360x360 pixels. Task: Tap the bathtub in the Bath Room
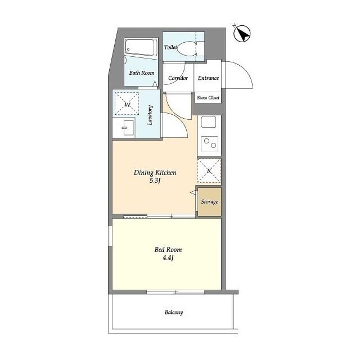click(141, 47)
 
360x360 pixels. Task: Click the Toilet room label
click(170, 47)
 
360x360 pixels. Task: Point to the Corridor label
click(178, 78)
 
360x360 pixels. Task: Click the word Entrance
click(208, 78)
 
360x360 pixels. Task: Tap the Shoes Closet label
click(208, 97)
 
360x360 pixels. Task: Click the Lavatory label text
click(150, 115)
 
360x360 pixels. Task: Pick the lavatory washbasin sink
click(128, 128)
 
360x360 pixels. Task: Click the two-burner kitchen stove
click(209, 143)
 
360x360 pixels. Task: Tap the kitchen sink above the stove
click(209, 122)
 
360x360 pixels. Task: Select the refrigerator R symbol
click(209, 171)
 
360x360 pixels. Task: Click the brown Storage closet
click(210, 202)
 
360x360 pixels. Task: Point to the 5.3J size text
click(155, 181)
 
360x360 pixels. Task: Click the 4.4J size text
click(168, 258)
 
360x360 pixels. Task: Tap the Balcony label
click(174, 312)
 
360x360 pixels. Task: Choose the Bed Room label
click(168, 250)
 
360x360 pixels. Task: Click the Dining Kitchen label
click(155, 173)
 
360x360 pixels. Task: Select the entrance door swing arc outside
click(244, 69)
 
